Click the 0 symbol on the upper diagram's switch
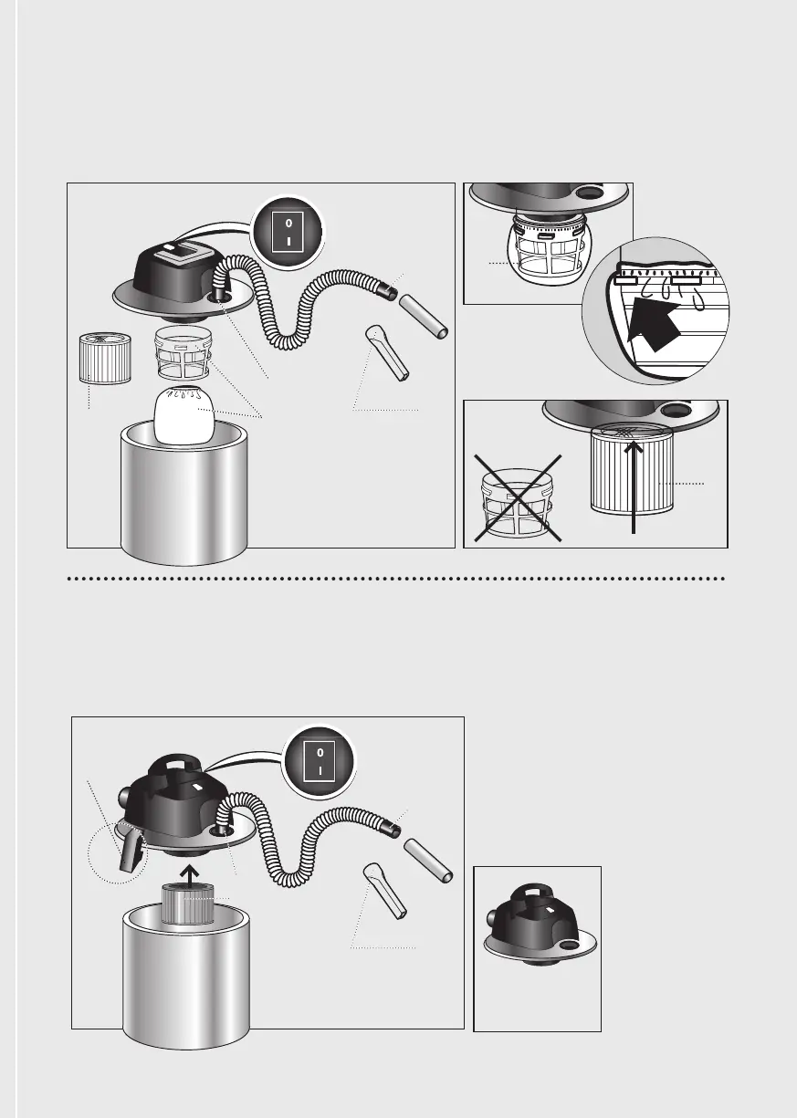(288, 224)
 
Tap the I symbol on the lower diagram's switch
(320, 771)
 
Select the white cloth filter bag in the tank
(184, 416)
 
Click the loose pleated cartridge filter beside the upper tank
(105, 359)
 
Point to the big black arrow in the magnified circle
(653, 323)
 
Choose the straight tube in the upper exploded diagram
(423, 317)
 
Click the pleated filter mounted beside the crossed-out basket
(632, 469)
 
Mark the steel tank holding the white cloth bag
(184, 494)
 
